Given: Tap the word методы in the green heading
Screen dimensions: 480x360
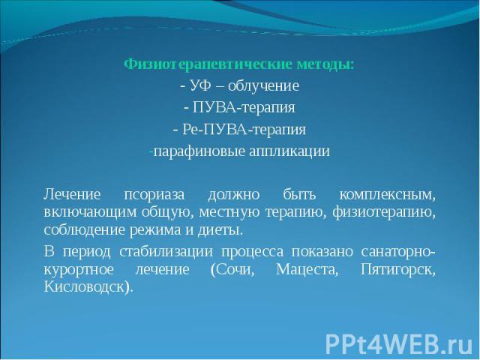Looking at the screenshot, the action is pos(325,65).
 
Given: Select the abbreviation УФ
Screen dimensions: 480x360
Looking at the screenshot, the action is pos(201,85).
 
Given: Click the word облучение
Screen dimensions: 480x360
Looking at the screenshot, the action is pos(263,86).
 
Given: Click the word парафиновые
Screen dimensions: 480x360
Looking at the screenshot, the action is pos(199,151).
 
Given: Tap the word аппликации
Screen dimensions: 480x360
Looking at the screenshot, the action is pos(289,151).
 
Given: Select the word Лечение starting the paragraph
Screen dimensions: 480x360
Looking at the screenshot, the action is pos(72,194).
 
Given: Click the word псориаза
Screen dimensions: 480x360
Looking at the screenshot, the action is pos(154,195).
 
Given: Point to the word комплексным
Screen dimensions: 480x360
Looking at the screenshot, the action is pos(388,195).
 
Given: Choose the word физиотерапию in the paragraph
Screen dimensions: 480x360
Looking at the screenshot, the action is pos(384,212).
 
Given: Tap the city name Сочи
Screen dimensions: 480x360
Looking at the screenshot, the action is pos(232,270).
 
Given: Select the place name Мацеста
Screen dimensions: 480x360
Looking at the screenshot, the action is pos(307,270).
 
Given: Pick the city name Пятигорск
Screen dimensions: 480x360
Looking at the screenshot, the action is pos(398,270).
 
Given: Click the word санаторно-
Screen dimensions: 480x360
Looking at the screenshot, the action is pos(398,252).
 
